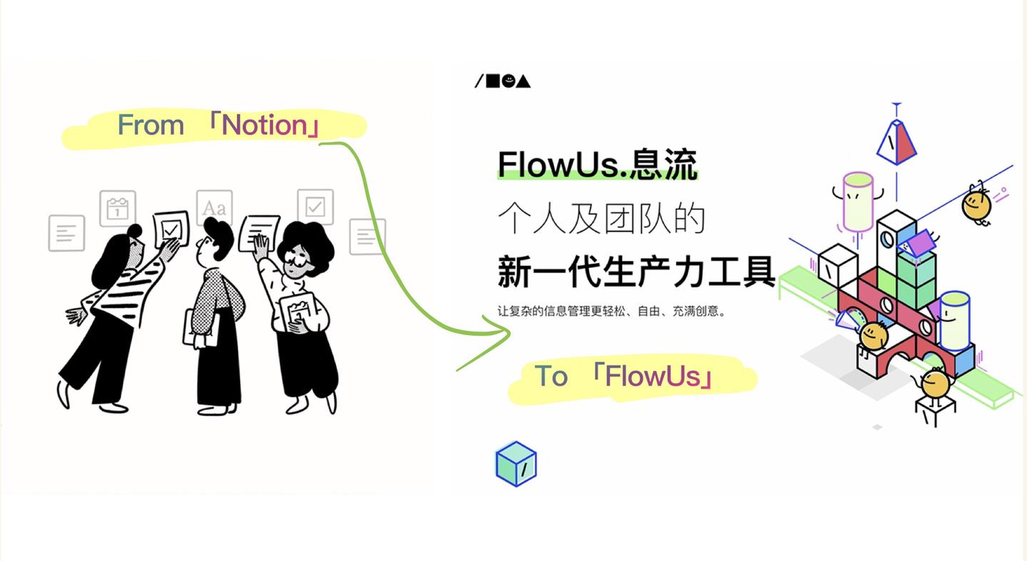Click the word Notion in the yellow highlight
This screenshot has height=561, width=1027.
[264, 125]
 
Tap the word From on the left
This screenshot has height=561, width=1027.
[150, 125]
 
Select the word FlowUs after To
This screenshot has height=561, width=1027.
[653, 376]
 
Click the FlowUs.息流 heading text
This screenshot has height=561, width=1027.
[596, 165]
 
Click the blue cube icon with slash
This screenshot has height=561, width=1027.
[516, 465]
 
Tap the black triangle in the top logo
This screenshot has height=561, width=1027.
[523, 81]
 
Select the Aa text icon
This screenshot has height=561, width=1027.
[214, 207]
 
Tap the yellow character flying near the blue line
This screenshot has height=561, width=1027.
[976, 203]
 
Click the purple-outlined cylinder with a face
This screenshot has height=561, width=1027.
[857, 200]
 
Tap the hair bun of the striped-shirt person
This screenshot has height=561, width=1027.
[133, 232]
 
